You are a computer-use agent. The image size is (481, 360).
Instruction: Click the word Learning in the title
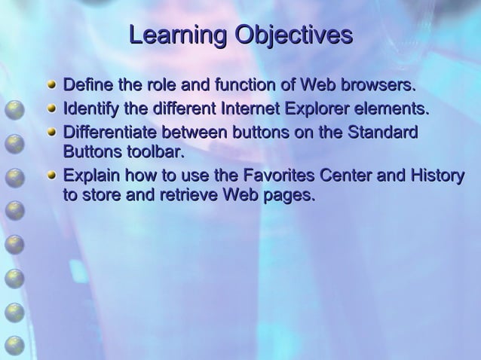point(177,35)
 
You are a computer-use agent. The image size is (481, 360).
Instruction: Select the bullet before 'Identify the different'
point(52,111)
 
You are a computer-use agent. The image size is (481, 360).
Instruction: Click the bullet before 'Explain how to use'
point(52,177)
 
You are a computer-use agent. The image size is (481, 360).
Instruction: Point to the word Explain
point(88,177)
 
